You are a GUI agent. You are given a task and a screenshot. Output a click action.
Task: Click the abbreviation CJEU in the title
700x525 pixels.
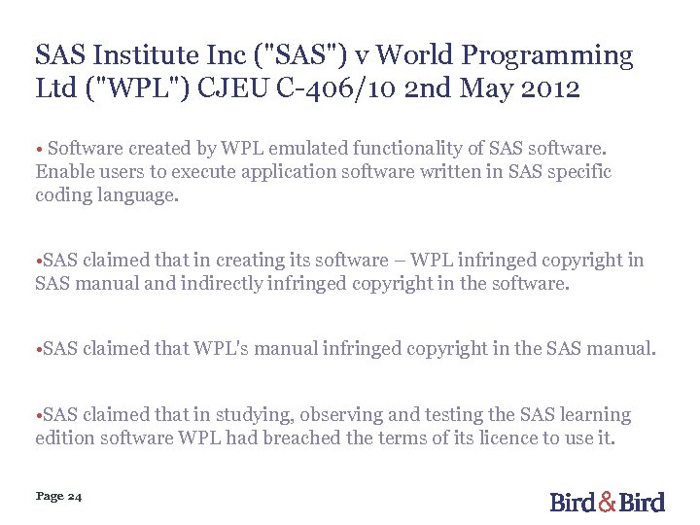225,89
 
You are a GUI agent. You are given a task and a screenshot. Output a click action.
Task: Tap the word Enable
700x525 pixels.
63,172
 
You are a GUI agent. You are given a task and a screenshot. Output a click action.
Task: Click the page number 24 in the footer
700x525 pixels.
75,497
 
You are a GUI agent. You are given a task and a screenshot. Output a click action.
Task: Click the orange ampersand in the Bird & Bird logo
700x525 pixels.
608,502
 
